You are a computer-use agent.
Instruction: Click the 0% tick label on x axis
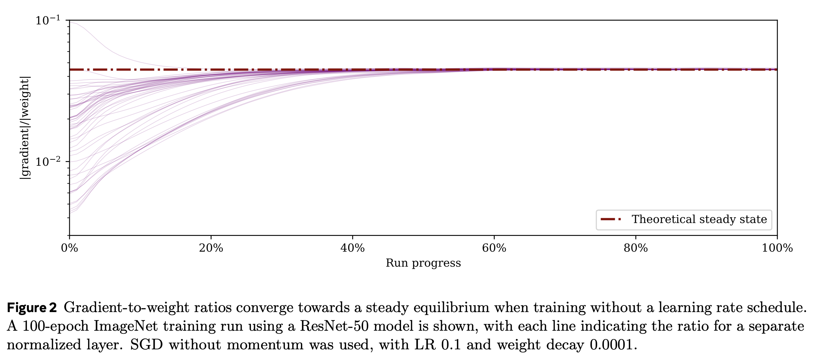click(69, 248)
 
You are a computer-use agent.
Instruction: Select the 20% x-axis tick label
click(211, 248)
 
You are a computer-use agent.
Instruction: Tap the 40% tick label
click(352, 248)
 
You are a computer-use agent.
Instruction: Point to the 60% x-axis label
click(494, 248)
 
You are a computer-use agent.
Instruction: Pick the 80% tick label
click(635, 248)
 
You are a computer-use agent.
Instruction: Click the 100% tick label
click(777, 248)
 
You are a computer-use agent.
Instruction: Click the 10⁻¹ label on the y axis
click(48, 20)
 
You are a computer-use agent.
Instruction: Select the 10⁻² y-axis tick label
click(48, 162)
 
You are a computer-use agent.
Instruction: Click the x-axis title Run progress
click(423, 263)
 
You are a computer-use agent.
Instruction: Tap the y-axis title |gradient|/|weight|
click(25, 128)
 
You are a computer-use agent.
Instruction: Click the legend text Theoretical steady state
click(699, 219)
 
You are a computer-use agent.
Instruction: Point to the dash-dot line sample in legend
click(611, 219)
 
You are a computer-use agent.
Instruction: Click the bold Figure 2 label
click(32, 307)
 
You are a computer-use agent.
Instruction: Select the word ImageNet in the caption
click(125, 326)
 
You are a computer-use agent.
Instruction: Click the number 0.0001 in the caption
click(611, 345)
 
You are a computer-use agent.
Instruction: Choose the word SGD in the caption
click(146, 345)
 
